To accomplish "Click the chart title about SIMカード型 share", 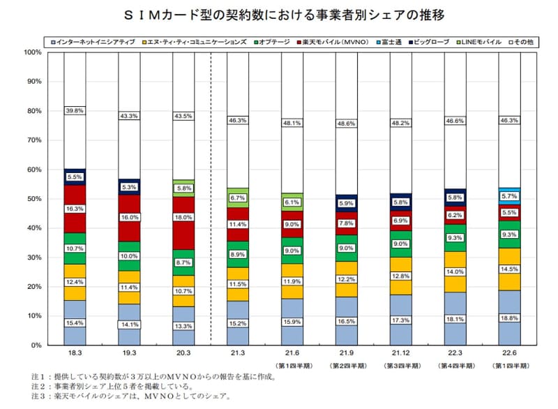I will (x=279, y=15).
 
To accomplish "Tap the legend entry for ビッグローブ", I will (x=432, y=43).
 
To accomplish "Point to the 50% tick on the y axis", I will (x=32, y=199).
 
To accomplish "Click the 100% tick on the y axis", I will (x=31, y=52).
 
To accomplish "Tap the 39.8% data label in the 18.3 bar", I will (x=74, y=110).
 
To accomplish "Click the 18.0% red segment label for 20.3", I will (x=183, y=218).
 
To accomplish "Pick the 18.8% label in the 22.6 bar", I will (x=509, y=318).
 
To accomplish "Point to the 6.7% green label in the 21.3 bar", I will (x=237, y=198).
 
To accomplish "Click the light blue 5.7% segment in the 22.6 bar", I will (x=509, y=198).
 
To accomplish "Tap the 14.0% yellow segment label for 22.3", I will (x=455, y=272).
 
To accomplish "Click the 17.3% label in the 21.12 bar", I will (x=400, y=320).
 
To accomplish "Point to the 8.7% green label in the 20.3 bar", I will (x=183, y=262).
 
